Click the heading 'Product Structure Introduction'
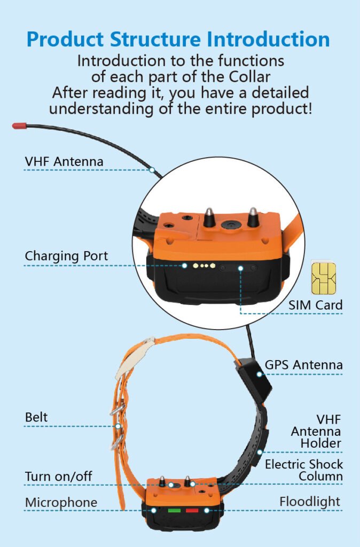point(178,40)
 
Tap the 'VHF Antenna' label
point(64,161)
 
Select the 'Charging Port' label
point(66,256)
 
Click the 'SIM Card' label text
point(316,305)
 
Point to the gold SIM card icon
point(323,278)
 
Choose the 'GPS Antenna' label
point(304,365)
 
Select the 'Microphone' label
point(61,503)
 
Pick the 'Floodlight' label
point(310,502)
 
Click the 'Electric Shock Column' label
point(304,470)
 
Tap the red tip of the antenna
point(19,126)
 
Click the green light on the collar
point(174,510)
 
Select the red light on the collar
point(192,510)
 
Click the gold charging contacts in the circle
point(203,265)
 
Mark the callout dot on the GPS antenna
point(259,374)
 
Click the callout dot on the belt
point(118,426)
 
